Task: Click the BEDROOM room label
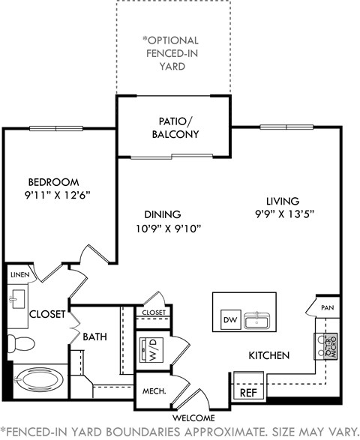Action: point(53,182)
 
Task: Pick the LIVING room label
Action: point(283,201)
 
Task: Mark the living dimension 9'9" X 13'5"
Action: point(283,214)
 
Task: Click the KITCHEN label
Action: point(268,355)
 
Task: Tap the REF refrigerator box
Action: point(247,391)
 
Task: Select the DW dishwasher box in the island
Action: point(229,321)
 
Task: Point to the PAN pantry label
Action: point(327,308)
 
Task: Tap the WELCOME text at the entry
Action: point(193,418)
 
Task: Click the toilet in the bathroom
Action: point(23,343)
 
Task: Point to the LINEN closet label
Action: point(19,276)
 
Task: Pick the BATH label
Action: point(94,337)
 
